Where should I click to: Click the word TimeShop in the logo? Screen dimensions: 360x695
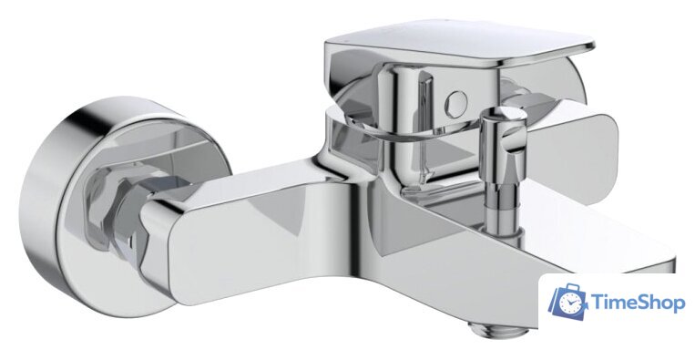(x=638, y=303)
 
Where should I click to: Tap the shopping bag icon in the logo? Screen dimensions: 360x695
(x=568, y=302)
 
